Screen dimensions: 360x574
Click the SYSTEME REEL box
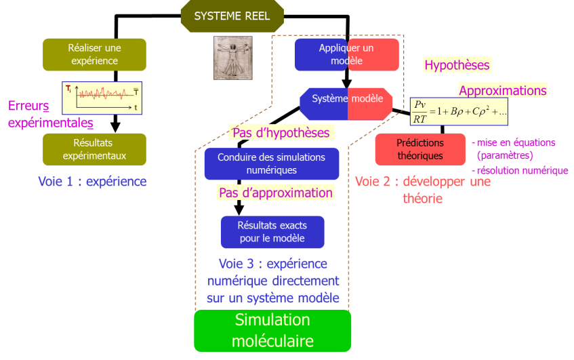pyautogui.click(x=232, y=16)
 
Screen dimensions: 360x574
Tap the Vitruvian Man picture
pyautogui.click(x=232, y=58)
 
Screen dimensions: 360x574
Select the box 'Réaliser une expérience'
pyautogui.click(x=94, y=54)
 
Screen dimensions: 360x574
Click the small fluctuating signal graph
pyautogui.click(x=102, y=98)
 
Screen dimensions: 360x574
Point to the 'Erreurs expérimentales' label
pyautogui.click(x=50, y=115)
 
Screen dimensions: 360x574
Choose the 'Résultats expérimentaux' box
pyautogui.click(x=94, y=149)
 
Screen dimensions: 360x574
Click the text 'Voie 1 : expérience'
pyautogui.click(x=92, y=182)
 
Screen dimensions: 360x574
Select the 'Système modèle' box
pyautogui.click(x=346, y=100)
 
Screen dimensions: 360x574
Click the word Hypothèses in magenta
pyautogui.click(x=457, y=65)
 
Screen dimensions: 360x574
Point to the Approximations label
pyautogui.click(x=502, y=90)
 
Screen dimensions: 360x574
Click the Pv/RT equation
pyautogui.click(x=459, y=111)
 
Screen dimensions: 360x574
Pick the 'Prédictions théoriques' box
pyautogui.click(x=419, y=149)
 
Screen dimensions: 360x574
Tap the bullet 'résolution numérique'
pyautogui.click(x=521, y=171)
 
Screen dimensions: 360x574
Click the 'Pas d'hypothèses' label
pyautogui.click(x=281, y=133)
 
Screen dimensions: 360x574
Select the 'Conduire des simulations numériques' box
pyautogui.click(x=271, y=163)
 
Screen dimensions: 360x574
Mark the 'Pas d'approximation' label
pyautogui.click(x=276, y=193)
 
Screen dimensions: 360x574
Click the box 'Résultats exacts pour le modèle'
pyautogui.click(x=272, y=232)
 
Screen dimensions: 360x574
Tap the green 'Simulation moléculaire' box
pyautogui.click(x=272, y=330)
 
